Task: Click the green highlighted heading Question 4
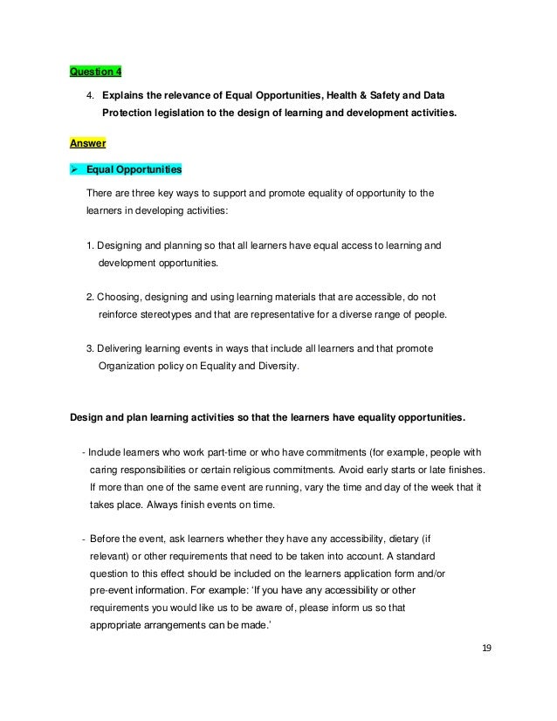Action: [97, 72]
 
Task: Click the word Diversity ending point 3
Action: [278, 367]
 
